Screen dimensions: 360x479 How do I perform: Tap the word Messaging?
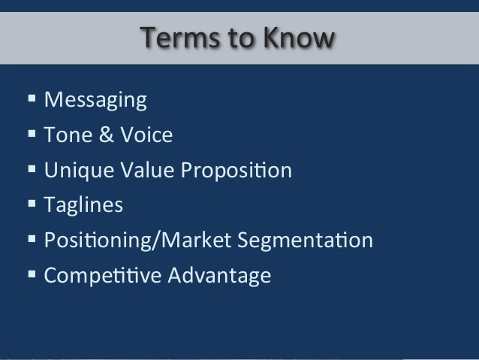pyautogui.click(x=95, y=100)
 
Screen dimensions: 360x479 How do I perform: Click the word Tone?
pyautogui.click(x=68, y=135)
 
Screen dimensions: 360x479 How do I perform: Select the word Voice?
pyautogui.click(x=146, y=135)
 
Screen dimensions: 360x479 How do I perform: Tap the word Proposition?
pyautogui.click(x=234, y=171)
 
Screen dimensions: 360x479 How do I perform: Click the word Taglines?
pyautogui.click(x=83, y=205)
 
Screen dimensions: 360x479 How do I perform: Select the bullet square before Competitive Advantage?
pyautogui.click(x=32, y=274)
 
